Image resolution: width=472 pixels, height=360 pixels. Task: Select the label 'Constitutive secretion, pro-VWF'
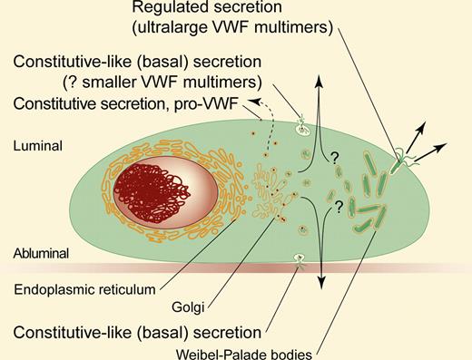click(x=114, y=107)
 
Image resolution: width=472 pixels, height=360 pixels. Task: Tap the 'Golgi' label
click(x=186, y=306)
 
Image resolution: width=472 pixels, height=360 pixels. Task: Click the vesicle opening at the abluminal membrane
click(x=299, y=263)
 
